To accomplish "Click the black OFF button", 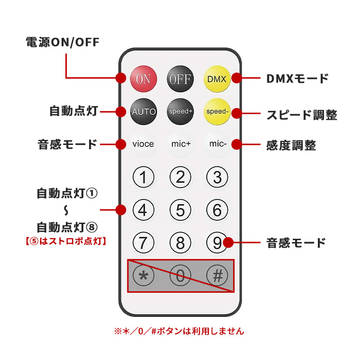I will [180, 79].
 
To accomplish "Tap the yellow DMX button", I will [217, 79].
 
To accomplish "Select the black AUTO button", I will [143, 112].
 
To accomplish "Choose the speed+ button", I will [180, 112].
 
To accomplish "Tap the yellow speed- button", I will [217, 112].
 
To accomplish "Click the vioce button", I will [143, 144].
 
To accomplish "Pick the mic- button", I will [217, 144].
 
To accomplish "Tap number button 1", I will [143, 178].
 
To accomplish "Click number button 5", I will [180, 209].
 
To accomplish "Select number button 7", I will [143, 243].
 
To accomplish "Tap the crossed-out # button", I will [217, 275].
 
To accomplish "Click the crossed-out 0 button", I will [180, 275].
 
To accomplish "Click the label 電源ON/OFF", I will [63, 43].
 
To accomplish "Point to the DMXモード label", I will [297, 79].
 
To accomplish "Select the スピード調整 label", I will [302, 115].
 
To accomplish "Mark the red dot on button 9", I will [228, 243].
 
